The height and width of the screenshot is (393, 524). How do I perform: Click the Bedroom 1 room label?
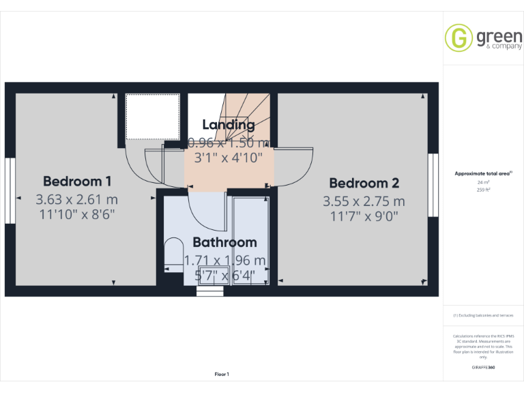coord(77,181)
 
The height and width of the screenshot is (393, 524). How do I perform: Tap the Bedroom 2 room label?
coord(364,183)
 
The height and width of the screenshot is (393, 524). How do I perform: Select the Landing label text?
coord(229,124)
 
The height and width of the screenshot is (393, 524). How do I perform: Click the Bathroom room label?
coord(224,242)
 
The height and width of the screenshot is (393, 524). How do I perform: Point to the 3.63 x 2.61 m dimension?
coord(77,199)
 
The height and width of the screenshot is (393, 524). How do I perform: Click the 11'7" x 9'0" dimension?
coord(364,217)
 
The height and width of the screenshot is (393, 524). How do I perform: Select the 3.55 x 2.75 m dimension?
coord(364,201)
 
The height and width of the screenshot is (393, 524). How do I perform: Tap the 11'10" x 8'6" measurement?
coord(77,214)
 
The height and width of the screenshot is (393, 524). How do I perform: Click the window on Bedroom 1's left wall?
coord(10,190)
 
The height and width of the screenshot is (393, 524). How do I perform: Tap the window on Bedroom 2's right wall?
coord(432,185)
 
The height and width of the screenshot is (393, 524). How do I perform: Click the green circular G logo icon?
coord(458,38)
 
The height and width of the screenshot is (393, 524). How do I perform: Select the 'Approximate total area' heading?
coord(482,174)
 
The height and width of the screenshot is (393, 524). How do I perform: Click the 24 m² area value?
coord(483,182)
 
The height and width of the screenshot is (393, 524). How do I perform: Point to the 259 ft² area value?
coord(483,190)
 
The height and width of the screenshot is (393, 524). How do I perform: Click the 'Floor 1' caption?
coord(222,374)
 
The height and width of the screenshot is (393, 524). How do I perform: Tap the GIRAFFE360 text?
coord(483,368)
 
